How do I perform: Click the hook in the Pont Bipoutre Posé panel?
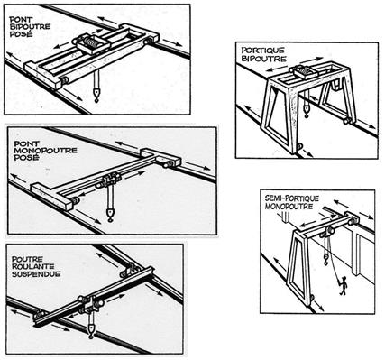(x=95, y=92)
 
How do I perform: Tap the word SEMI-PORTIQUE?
(x=288, y=194)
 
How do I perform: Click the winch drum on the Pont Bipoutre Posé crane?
(x=91, y=43)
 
